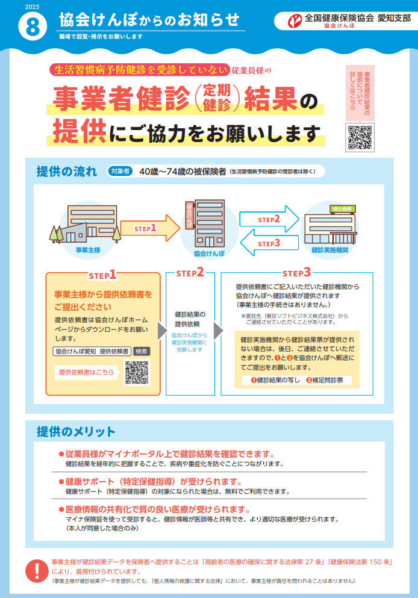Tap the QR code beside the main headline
coord(360,138)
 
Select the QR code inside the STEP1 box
coord(137,372)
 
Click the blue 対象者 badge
coord(120,171)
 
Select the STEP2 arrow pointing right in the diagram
coord(269,219)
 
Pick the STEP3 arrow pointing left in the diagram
coord(269,243)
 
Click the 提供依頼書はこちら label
coord(86,372)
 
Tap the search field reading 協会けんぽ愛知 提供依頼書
coord(92,351)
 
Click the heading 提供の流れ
coord(66,171)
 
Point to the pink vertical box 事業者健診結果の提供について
coord(360,92)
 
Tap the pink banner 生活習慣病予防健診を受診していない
coord(140,70)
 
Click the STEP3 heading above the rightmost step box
coord(297,273)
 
